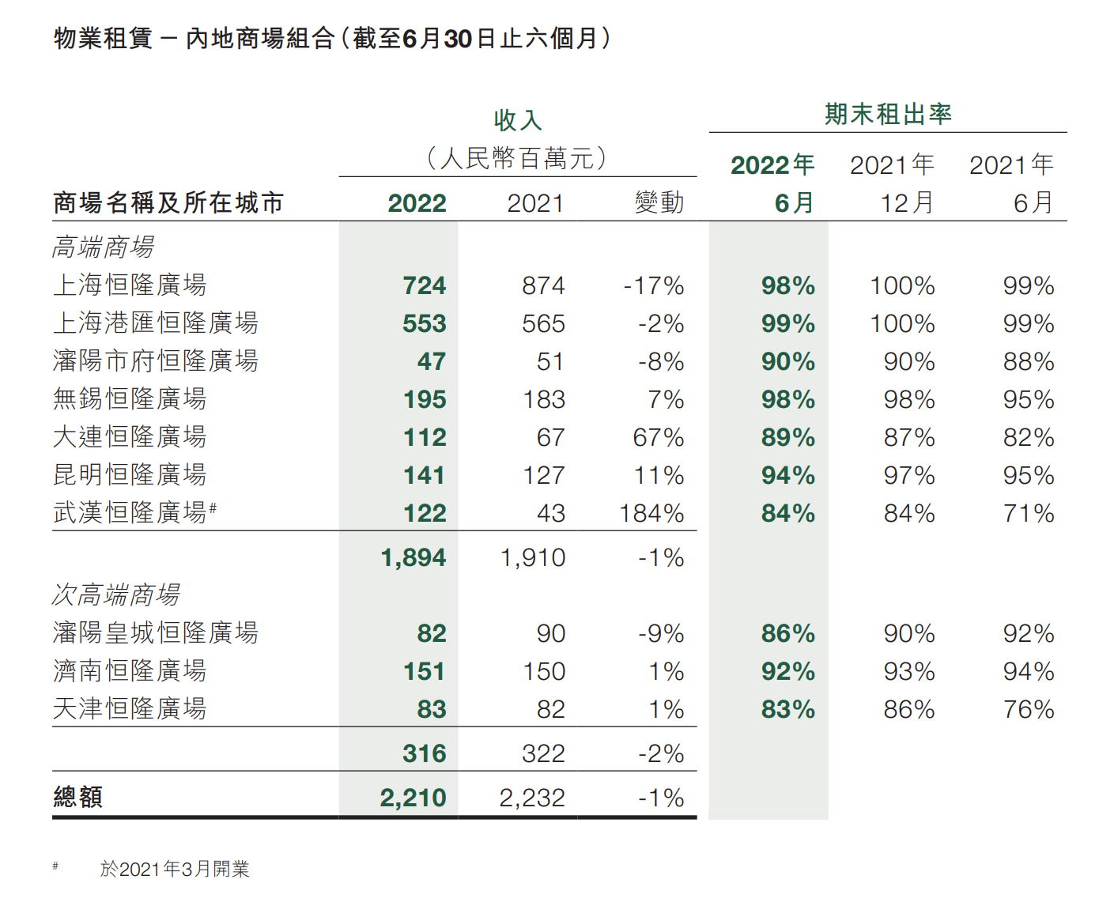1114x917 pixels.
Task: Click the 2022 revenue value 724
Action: [x=424, y=285]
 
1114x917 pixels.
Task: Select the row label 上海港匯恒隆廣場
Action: [x=155, y=323]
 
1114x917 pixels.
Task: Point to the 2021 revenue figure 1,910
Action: [x=532, y=558]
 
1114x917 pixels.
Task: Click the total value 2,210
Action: [x=413, y=798]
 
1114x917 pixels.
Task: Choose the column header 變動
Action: [x=659, y=203]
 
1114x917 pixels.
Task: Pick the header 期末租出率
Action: [x=888, y=115]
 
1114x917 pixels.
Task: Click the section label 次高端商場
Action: [x=116, y=595]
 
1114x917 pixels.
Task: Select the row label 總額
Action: [x=77, y=798]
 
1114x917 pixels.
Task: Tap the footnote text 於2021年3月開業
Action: [x=175, y=870]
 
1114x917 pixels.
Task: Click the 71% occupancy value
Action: [x=1028, y=514]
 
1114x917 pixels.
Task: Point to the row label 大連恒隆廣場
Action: [x=130, y=437]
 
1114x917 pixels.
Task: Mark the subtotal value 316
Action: [x=424, y=754]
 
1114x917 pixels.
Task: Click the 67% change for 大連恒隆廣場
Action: [x=658, y=438]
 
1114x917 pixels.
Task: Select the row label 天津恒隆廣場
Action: [x=130, y=709]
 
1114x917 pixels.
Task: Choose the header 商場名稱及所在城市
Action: [x=168, y=203]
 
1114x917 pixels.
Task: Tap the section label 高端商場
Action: [x=103, y=247]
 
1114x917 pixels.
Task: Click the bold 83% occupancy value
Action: [x=787, y=710]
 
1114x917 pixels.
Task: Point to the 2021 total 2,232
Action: [x=532, y=798]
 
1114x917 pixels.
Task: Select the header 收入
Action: [x=518, y=120]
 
